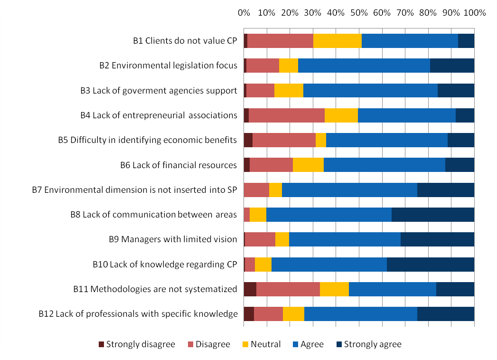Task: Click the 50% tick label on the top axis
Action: tap(359, 13)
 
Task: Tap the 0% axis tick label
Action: tap(244, 13)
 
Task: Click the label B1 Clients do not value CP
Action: tap(185, 40)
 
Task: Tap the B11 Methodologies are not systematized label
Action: tap(155, 289)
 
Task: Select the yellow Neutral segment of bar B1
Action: tap(337, 41)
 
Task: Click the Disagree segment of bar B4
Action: tap(287, 115)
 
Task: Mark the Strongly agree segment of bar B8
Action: tap(433, 215)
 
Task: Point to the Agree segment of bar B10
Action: tap(329, 264)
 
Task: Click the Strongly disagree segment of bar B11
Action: tap(250, 289)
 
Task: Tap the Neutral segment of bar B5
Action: tap(321, 140)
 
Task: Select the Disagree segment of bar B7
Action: tap(256, 189)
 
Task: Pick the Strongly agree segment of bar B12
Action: tap(446, 314)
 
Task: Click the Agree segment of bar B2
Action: tap(364, 66)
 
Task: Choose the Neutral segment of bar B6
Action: tap(308, 165)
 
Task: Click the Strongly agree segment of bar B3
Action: tap(456, 90)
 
